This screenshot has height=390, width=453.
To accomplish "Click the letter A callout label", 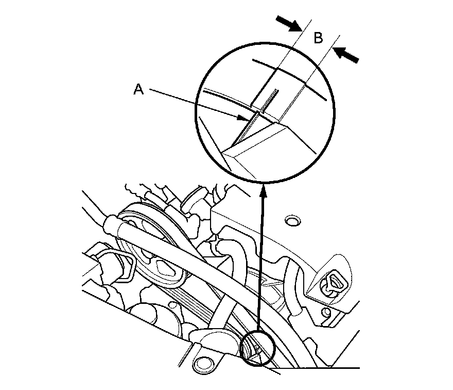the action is tap(138, 90).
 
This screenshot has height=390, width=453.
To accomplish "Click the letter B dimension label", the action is tap(319, 38).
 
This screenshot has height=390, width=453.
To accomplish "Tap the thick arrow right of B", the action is tap(346, 55).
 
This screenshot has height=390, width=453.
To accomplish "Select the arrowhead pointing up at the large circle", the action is tap(264, 191).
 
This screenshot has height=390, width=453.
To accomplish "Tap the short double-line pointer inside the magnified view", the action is tap(270, 101).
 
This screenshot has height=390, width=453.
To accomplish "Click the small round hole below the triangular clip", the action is tap(325, 313).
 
